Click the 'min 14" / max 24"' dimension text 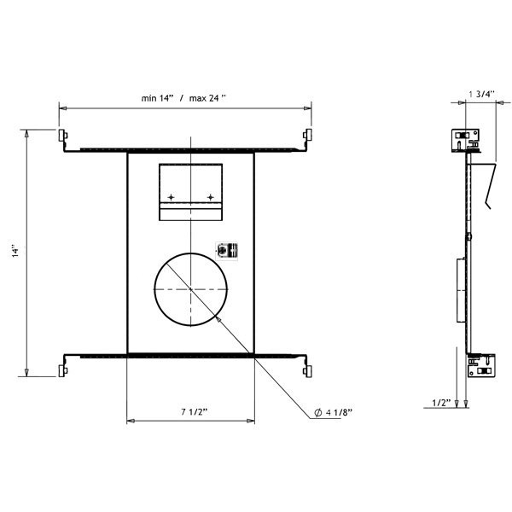coord(183,98)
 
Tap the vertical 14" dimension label coord(15,253)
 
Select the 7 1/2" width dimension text coord(195,412)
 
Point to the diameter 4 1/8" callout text coord(334,412)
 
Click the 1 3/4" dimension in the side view coord(481,94)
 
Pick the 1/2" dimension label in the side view coord(441,403)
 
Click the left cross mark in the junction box coord(171,197)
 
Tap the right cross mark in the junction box coord(211,197)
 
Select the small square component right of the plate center coord(227,251)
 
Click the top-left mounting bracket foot coord(63,135)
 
